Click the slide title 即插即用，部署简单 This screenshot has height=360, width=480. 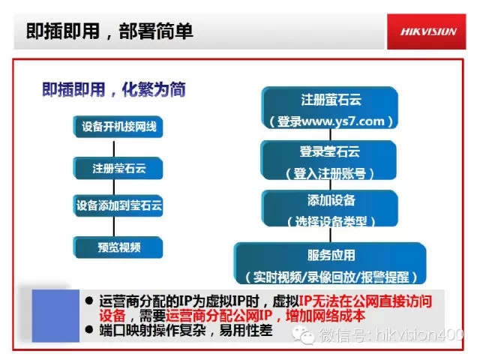[109, 31]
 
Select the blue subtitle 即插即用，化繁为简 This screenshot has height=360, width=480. [113, 89]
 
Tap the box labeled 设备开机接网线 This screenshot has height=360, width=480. [118, 127]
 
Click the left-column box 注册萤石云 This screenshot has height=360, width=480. [118, 168]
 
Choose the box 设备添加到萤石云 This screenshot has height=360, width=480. [118, 205]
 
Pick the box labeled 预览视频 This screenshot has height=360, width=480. [118, 247]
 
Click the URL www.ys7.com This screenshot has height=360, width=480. [343, 121]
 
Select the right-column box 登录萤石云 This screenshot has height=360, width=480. [328, 160]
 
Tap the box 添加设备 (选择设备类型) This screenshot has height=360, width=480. [330, 208]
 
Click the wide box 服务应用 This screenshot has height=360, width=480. [330, 263]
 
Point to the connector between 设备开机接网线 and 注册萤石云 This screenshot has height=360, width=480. [114, 148]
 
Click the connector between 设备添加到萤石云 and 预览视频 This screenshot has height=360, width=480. [114, 226]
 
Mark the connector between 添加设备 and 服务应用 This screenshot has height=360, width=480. [330, 235]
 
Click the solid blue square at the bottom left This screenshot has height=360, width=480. [55, 316]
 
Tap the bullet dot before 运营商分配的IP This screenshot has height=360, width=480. [89, 301]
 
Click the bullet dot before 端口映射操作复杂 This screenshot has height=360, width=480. [89, 330]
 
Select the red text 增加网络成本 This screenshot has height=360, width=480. [325, 316]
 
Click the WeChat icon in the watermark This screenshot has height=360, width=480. [303, 334]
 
